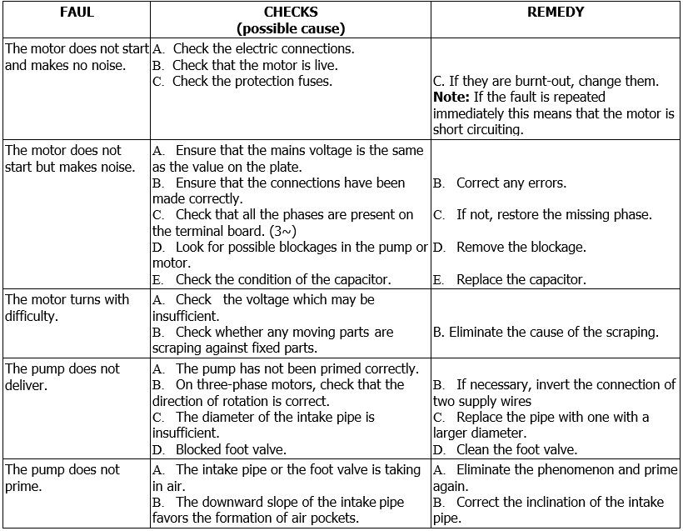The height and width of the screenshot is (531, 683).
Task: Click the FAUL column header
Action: coord(77,13)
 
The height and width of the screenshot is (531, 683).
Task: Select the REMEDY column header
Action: coord(556,13)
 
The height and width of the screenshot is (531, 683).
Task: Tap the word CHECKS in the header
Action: coord(290,13)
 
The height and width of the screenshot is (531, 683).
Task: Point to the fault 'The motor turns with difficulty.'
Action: coord(67,307)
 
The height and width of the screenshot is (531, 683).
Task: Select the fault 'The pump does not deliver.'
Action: coord(62,376)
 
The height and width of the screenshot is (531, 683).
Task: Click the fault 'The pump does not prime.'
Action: coord(62,477)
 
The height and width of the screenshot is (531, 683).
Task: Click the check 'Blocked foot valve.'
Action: coord(233,449)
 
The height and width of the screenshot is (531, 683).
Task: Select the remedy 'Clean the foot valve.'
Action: coord(516,449)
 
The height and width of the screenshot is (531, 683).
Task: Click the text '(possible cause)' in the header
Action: coord(290,28)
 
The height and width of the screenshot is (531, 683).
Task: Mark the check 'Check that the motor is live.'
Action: coord(255,65)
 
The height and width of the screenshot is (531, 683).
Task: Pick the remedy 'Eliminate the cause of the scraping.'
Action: coord(554,332)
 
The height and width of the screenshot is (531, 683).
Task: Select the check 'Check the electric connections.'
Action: coord(263,49)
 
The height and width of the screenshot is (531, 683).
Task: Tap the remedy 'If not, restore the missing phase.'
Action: coord(554,214)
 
